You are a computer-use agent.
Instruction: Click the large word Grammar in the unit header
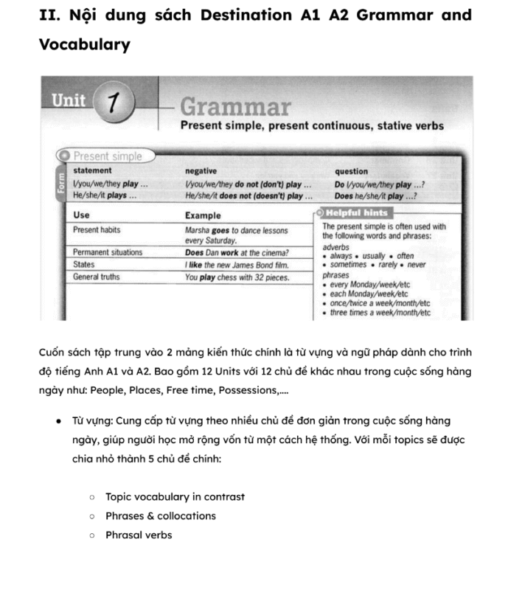[x=235, y=108]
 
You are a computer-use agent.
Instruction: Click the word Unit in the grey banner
[x=68, y=100]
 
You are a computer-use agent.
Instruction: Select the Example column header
[x=203, y=215]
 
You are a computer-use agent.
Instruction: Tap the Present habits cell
[x=97, y=230]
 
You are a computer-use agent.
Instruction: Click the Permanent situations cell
[x=108, y=252]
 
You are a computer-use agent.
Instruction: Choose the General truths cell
[x=96, y=277]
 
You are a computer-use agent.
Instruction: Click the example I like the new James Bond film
[x=237, y=265]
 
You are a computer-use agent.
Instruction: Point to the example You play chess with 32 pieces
[x=237, y=278]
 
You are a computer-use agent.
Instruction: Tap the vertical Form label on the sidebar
[x=62, y=184]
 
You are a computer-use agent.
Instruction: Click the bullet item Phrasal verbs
[x=139, y=535]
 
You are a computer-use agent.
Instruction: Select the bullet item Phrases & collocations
[x=160, y=516]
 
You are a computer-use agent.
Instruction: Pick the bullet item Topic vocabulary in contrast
[x=175, y=496]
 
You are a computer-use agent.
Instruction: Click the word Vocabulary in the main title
[x=84, y=44]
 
